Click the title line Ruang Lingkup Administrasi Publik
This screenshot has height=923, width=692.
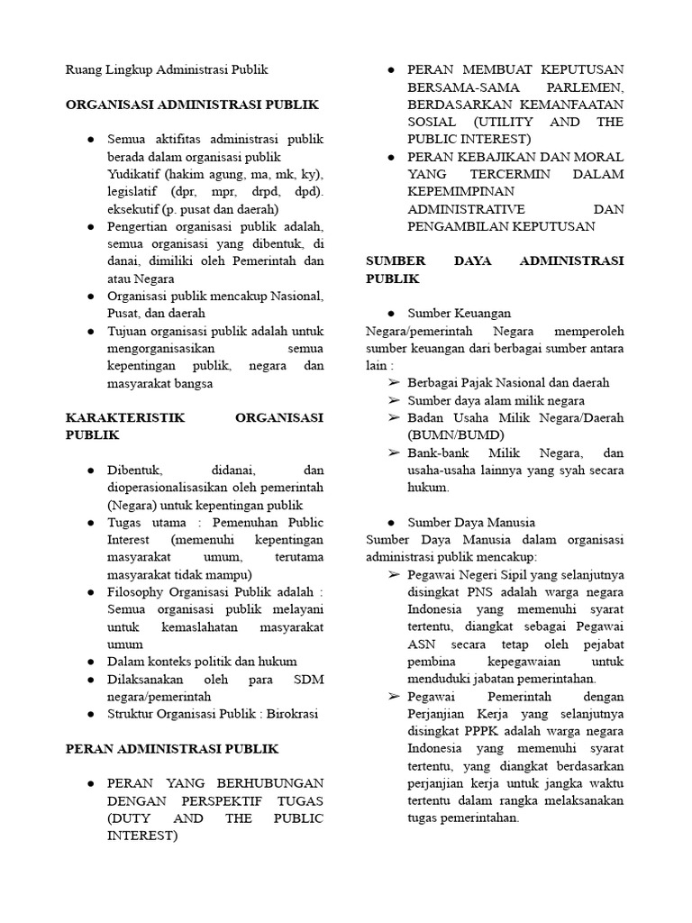pos(167,69)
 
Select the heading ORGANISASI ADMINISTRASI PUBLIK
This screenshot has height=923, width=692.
pos(192,105)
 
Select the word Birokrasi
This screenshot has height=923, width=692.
pos(289,714)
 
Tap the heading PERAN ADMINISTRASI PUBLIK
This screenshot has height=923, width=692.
pos(172,748)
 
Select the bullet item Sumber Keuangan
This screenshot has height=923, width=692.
pos(459,313)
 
